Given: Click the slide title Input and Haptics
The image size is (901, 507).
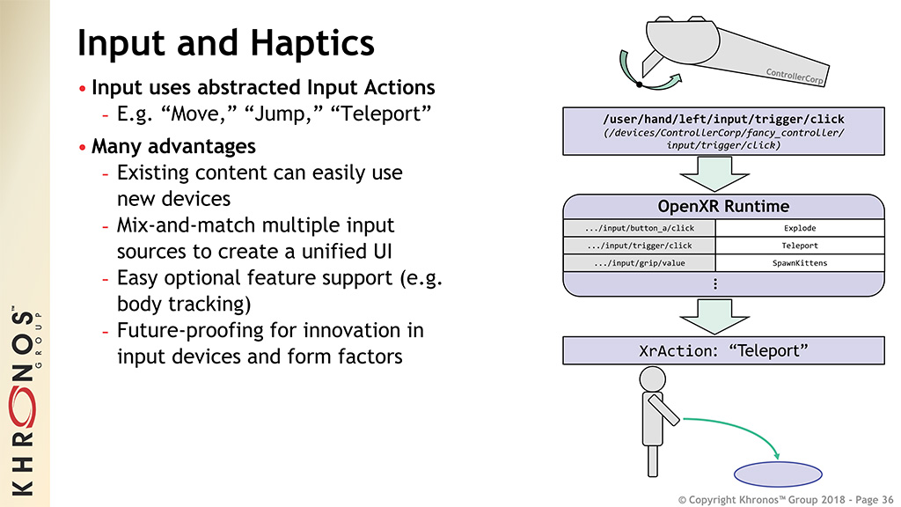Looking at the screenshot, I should click(226, 42).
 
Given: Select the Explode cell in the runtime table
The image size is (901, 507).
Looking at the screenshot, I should click(799, 229).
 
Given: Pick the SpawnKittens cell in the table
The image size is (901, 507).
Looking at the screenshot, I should click(799, 263).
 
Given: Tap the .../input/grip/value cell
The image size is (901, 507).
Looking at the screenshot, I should click(639, 263).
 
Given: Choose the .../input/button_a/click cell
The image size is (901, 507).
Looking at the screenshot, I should click(639, 229).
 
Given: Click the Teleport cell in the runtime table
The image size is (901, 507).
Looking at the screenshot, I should click(799, 246).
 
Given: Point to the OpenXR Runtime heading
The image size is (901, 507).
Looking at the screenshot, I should click(723, 207).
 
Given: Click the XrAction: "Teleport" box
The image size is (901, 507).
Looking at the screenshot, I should click(723, 350).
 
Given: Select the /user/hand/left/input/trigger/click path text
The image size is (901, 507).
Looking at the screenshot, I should click(723, 119).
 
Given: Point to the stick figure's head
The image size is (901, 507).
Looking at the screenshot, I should click(652, 379).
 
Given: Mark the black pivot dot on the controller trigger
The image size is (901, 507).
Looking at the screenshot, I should click(639, 84).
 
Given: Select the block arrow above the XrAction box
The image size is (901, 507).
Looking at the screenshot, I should click(723, 316).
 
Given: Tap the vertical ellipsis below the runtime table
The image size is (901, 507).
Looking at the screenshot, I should click(715, 283).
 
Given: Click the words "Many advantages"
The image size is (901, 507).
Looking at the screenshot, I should click(173, 145).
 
